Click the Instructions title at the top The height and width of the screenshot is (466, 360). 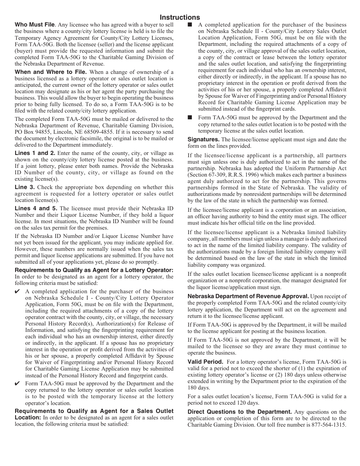tap(180, 17)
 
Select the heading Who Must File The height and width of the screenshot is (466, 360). tap(35, 25)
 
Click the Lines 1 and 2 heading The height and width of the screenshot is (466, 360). tap(35, 153)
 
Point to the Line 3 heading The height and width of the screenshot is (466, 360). tap(25, 187)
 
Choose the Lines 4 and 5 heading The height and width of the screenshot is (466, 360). tap(36, 208)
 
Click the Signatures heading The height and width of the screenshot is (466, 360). tap(203, 139)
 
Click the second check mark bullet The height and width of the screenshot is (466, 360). tap(17, 383)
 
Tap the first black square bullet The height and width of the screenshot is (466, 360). tap(190, 25)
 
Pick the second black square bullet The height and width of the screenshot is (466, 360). tap(190, 117)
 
